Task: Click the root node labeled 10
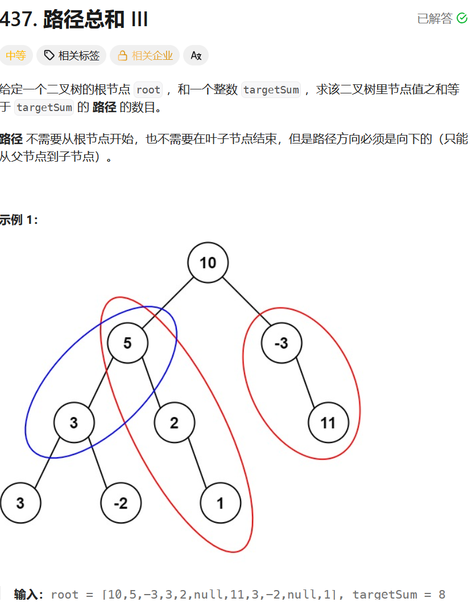point(208,263)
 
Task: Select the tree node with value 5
point(127,343)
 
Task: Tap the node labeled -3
point(282,343)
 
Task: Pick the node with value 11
point(328,423)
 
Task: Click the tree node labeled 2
point(174,423)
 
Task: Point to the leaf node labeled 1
point(220,503)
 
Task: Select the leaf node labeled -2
point(121,503)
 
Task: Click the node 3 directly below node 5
point(74,423)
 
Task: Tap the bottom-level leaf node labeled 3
point(20,503)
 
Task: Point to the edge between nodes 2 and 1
point(197,463)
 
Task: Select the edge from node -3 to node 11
point(305,383)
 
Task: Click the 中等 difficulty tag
point(16,55)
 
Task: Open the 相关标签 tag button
point(72,55)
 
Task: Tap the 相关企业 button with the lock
point(145,55)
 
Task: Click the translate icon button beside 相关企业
point(196,55)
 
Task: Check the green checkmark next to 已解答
point(462,18)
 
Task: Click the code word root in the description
point(148,89)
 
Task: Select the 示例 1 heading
point(19,219)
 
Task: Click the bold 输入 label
point(28,594)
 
